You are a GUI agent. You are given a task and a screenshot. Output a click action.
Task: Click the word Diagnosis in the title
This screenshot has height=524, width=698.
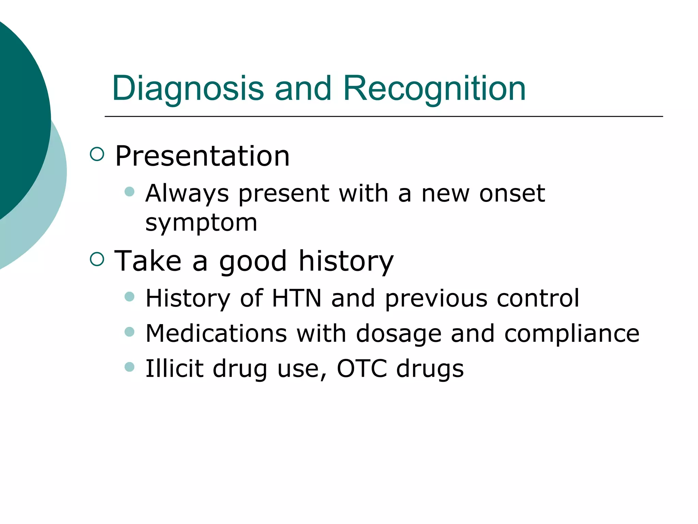(x=188, y=89)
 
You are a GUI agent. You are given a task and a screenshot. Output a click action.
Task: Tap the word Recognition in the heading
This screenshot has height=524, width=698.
(x=435, y=89)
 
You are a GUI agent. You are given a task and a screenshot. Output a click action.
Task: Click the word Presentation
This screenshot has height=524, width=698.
(x=202, y=156)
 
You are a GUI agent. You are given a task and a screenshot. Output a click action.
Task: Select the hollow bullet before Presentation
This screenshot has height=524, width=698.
(x=97, y=154)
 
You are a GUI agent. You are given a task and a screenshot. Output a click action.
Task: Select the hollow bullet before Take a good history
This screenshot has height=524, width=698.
(x=97, y=259)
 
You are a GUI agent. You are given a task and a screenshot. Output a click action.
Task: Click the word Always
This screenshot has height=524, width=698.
(x=187, y=194)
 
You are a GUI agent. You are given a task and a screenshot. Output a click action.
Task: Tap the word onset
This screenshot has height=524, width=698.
(x=512, y=193)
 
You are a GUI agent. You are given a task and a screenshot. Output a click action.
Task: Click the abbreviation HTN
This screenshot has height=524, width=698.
(x=297, y=298)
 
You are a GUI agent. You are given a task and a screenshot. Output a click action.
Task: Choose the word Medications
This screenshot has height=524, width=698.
(x=216, y=333)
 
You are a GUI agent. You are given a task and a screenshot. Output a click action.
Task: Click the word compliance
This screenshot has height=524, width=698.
(x=572, y=333)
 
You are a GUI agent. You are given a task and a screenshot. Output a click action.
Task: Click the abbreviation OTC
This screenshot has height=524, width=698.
(x=362, y=368)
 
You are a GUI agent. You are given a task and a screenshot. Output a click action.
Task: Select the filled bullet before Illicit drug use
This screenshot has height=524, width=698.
(x=130, y=367)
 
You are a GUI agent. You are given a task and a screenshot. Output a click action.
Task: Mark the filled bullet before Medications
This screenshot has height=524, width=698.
(x=130, y=332)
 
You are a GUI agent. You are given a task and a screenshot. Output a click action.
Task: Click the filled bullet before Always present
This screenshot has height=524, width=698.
(x=130, y=191)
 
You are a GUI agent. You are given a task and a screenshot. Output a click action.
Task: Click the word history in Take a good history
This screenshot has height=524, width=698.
(x=346, y=261)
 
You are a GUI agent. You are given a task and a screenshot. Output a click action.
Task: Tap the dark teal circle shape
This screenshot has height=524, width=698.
(x=17, y=116)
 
